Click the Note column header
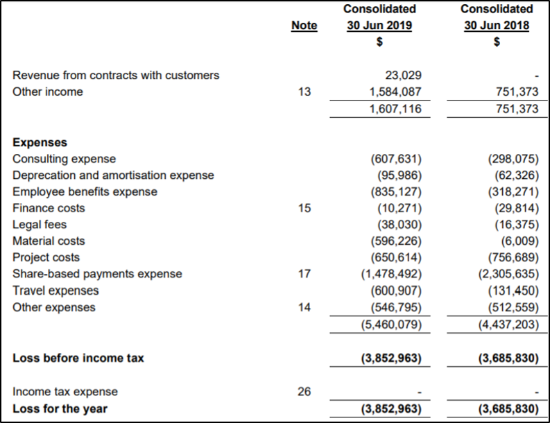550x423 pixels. (x=304, y=25)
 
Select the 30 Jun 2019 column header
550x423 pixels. (x=379, y=25)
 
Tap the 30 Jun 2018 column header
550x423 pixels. (x=497, y=25)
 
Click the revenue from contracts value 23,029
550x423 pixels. (x=404, y=75)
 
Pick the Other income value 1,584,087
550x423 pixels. (x=395, y=92)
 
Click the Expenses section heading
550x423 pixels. (x=40, y=142)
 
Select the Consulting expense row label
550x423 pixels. (x=65, y=159)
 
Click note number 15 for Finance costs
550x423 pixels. (x=304, y=208)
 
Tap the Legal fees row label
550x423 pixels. (x=40, y=225)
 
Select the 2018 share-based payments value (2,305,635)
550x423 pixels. (x=508, y=274)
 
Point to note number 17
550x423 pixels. (x=304, y=274)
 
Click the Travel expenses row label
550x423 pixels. (x=55, y=291)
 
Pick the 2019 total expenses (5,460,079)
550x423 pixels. (x=391, y=324)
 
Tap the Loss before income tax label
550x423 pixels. (x=78, y=358)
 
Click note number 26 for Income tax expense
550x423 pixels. (x=304, y=391)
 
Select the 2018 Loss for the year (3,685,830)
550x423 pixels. (x=508, y=408)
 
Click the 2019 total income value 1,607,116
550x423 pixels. (x=395, y=109)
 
